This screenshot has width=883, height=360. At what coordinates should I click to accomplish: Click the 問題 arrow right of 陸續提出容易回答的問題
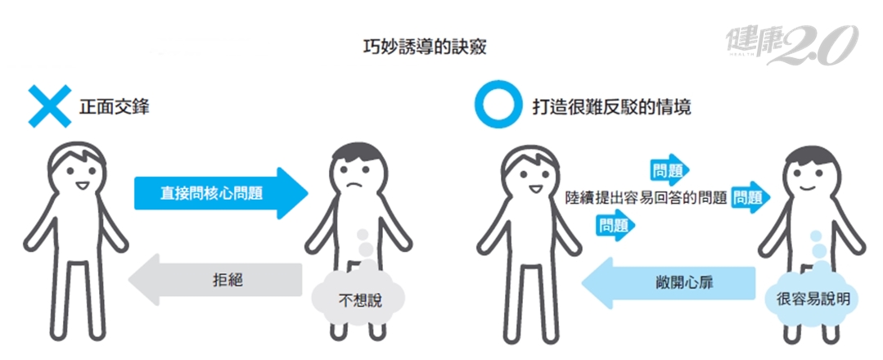(x=750, y=197)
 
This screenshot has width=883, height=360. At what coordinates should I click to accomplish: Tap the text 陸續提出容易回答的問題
(x=646, y=197)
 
